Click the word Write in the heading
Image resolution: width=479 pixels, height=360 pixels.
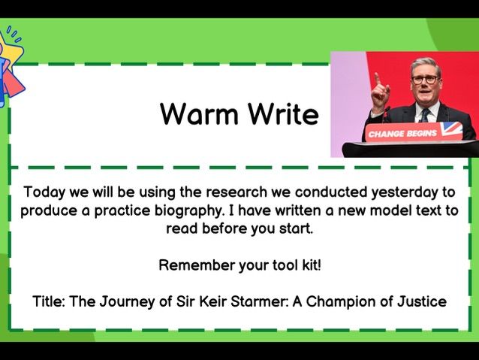279,114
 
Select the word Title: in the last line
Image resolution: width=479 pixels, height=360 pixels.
50,301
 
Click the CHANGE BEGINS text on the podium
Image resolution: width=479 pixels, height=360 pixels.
401,134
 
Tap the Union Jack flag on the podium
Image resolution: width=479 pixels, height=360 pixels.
451,129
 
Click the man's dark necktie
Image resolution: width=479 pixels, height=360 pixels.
425,115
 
